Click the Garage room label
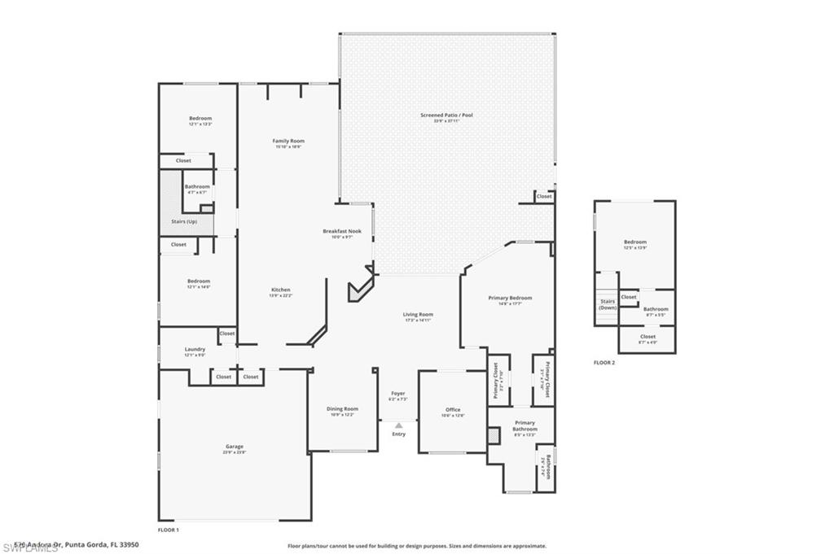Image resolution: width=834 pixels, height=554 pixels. click(235, 446)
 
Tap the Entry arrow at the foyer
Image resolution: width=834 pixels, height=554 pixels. click(398, 425)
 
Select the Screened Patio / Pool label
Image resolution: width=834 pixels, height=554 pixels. click(446, 116)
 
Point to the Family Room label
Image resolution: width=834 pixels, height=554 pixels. click(288, 141)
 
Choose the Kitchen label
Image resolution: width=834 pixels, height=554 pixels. click(281, 290)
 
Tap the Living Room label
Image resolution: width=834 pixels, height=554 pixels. click(418, 314)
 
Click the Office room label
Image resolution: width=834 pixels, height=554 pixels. click(453, 409)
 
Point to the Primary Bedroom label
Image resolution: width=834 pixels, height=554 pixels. click(510, 298)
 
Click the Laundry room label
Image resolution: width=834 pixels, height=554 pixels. click(195, 349)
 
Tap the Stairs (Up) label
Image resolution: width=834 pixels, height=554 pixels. click(184, 221)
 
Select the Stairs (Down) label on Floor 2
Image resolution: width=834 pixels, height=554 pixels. click(608, 304)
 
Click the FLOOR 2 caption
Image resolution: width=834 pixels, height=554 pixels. click(604, 362)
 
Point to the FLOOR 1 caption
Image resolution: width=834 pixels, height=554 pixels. click(168, 530)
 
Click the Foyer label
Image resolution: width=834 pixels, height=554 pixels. click(398, 393)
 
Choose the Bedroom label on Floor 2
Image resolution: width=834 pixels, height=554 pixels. click(635, 242)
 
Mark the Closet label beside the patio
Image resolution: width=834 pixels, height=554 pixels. click(544, 196)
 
